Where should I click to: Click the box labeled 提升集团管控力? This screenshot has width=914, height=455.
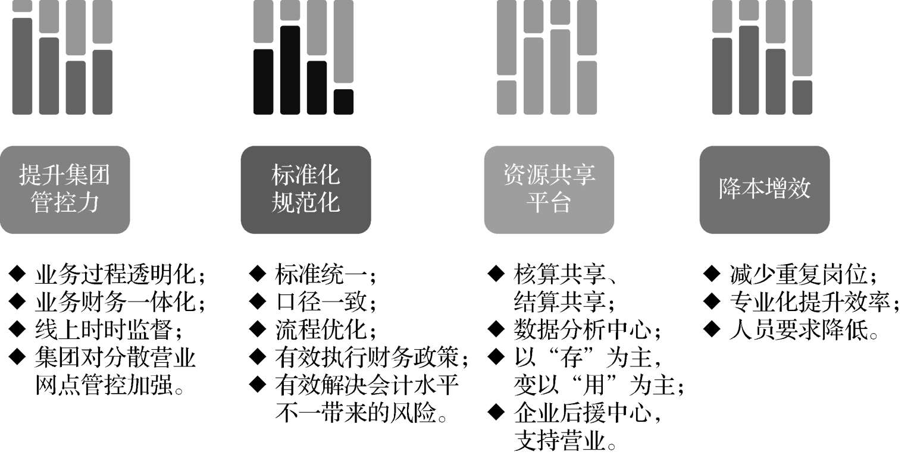65,189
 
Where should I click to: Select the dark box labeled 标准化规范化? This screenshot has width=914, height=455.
305,189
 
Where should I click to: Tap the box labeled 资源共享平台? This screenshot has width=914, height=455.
549,189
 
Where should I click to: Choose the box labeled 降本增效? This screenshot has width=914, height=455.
764,189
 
